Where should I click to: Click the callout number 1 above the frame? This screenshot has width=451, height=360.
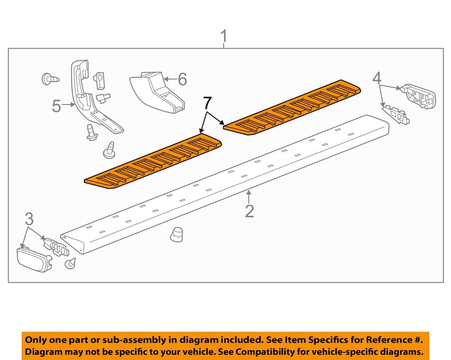pos(225,36)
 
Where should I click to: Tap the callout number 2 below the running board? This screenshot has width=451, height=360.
pos(249,211)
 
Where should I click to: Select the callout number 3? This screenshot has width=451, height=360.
pos(29,219)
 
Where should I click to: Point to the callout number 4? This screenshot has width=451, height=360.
pos(377,78)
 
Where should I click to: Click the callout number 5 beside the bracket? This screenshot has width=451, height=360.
pos(56,106)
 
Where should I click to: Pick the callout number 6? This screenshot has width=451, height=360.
pos(182,79)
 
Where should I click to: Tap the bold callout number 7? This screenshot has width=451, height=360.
pos(207,103)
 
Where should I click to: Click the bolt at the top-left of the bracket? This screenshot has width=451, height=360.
pos(49,78)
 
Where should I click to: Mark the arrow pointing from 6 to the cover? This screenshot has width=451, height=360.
pos(168,79)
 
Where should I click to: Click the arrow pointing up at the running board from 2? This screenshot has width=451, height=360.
pos(249,196)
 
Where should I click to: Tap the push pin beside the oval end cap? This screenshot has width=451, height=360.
pos(71,264)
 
